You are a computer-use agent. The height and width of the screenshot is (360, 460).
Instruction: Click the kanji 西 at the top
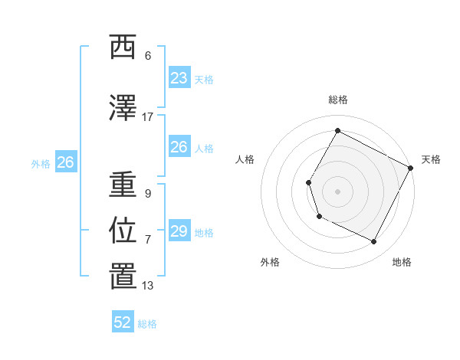tap(123, 47)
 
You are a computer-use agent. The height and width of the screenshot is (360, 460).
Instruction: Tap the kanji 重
tap(123, 185)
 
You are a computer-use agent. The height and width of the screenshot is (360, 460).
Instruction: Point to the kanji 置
tap(123, 277)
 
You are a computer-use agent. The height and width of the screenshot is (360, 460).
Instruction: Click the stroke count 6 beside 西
tap(148, 56)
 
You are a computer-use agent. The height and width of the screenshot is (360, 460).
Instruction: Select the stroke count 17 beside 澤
tap(147, 117)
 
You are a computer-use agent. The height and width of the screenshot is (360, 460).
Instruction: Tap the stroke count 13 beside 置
tap(148, 286)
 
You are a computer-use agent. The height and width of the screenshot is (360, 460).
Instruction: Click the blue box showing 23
tap(179, 77)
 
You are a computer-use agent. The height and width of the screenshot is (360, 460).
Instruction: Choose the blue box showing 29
tap(179, 231)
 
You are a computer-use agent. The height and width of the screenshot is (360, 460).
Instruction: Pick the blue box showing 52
tap(123, 322)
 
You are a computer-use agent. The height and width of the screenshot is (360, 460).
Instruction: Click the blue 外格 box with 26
tap(66, 162)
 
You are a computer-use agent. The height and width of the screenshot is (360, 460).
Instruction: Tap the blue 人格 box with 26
tap(179, 147)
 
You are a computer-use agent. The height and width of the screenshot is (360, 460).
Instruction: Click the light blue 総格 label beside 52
tap(147, 324)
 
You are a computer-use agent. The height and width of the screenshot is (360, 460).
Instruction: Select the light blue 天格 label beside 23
tap(203, 79)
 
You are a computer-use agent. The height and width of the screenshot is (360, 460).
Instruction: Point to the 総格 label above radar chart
tap(337, 100)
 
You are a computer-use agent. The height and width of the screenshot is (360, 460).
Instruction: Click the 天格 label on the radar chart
tap(431, 159)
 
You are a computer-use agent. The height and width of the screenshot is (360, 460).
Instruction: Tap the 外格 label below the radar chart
tap(270, 262)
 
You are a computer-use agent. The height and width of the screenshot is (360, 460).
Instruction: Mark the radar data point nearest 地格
tap(374, 242)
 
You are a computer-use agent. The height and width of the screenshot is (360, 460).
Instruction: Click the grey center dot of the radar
tap(337, 191)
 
